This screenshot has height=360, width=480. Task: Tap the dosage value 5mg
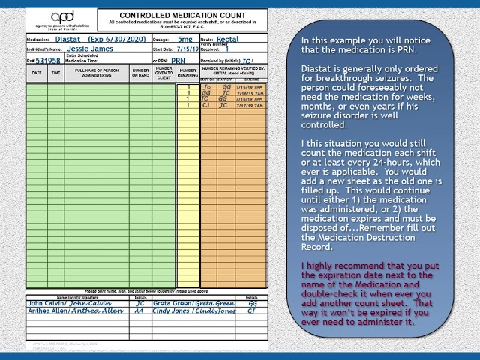coord(184,37)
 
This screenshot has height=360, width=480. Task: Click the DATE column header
coord(37,73)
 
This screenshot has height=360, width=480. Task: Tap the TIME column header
coord(55,73)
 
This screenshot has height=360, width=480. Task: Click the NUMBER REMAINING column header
coord(187,73)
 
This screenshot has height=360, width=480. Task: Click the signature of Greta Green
coord(210,304)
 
